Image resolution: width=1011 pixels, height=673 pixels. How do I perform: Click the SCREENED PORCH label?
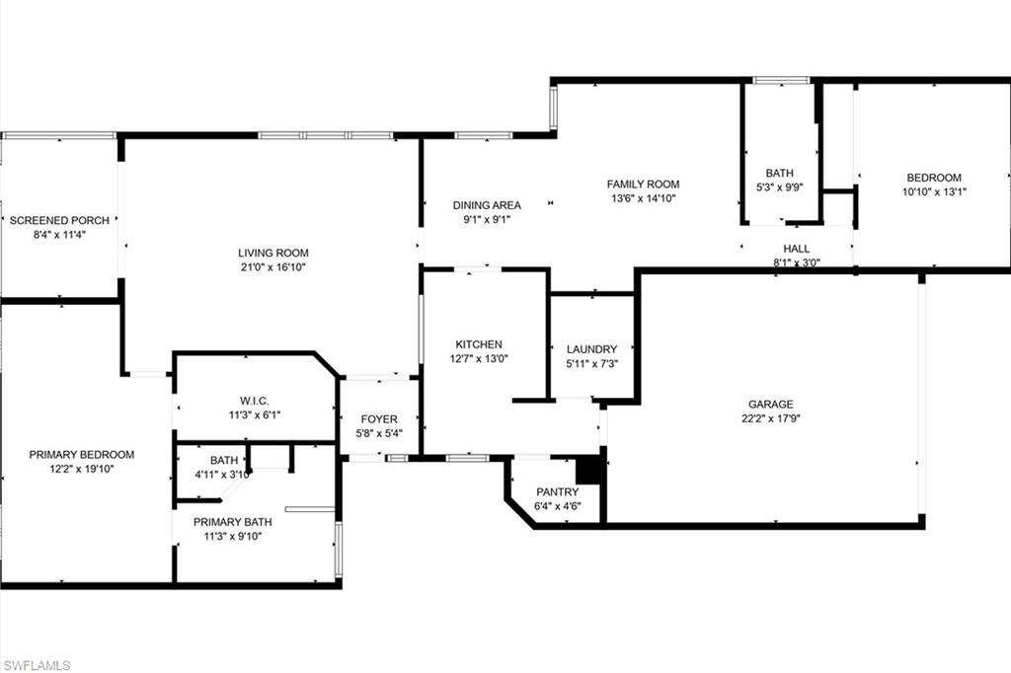tap(59, 220)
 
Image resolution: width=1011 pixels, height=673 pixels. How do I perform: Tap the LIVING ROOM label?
tap(273, 254)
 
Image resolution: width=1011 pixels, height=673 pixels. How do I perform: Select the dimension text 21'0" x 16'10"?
tap(273, 267)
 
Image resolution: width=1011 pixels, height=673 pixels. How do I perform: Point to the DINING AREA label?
tap(487, 205)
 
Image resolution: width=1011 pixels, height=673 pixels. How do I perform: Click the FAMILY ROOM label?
tap(643, 185)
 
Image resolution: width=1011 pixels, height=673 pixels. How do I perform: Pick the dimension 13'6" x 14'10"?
tap(643, 198)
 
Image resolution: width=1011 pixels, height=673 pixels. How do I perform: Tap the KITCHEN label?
tap(479, 344)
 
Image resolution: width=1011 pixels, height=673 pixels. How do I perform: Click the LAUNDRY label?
tap(592, 349)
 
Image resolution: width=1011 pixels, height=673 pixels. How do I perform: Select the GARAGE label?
tap(770, 405)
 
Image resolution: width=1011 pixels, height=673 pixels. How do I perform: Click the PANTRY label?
tap(557, 492)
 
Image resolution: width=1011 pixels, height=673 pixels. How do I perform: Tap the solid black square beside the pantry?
tap(588, 471)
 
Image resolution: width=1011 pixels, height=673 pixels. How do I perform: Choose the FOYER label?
tap(379, 419)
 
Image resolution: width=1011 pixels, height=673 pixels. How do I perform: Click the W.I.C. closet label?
tap(255, 401)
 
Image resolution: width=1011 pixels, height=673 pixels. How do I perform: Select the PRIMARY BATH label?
tap(233, 522)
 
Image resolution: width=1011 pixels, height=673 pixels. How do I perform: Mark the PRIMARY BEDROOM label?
tap(82, 455)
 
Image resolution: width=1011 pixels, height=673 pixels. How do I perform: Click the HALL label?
tap(797, 249)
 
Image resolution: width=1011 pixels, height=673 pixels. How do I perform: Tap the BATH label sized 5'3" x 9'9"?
tap(780, 174)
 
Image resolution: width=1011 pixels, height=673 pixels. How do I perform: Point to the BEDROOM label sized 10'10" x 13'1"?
tap(934, 178)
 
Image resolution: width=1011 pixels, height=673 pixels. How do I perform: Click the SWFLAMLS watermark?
tap(37, 665)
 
